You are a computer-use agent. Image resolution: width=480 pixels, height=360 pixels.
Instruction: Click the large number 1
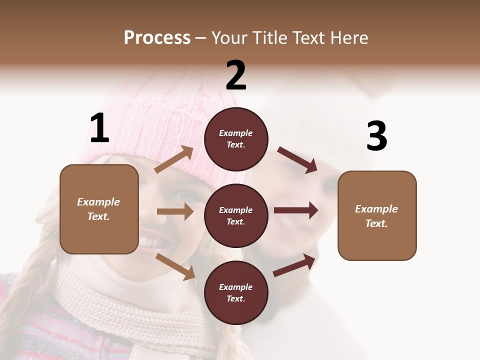click(x=99, y=128)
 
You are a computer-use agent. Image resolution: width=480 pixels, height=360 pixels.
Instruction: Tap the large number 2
click(x=236, y=75)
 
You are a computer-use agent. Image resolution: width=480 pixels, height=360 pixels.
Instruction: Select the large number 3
click(x=376, y=136)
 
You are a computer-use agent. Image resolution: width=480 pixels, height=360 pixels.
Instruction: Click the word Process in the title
click(x=157, y=37)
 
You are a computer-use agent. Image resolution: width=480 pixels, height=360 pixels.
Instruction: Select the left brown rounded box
click(x=99, y=209)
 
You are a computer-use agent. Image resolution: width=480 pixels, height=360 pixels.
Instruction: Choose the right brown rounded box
click(x=377, y=215)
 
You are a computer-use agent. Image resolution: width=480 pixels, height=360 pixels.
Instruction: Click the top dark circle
click(x=236, y=139)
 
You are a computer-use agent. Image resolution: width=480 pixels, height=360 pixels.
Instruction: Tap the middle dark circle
click(x=236, y=215)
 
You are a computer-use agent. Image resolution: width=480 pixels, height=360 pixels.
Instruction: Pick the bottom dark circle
click(x=236, y=292)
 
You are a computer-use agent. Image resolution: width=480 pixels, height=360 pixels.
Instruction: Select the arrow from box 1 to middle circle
click(x=175, y=212)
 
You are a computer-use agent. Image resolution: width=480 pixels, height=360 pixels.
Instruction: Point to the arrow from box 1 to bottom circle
click(x=175, y=266)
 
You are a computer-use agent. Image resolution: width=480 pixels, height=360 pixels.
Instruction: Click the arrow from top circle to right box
click(x=297, y=159)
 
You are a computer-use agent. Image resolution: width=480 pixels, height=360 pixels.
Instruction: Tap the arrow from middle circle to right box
click(x=296, y=210)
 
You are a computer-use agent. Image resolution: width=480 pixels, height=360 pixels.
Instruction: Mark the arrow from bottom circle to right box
click(x=294, y=265)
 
